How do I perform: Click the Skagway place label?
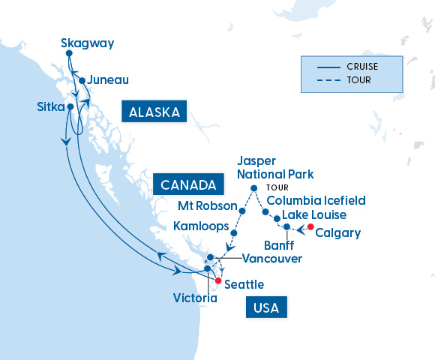point(87,43)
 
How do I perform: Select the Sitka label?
point(50,107)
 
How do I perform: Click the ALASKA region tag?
point(154,112)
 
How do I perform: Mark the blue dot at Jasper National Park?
point(254,188)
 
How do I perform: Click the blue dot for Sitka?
point(70,107)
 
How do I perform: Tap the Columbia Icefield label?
point(316,201)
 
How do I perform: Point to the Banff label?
point(280,245)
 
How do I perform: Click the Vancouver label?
point(272,259)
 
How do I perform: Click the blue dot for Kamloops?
point(234,233)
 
